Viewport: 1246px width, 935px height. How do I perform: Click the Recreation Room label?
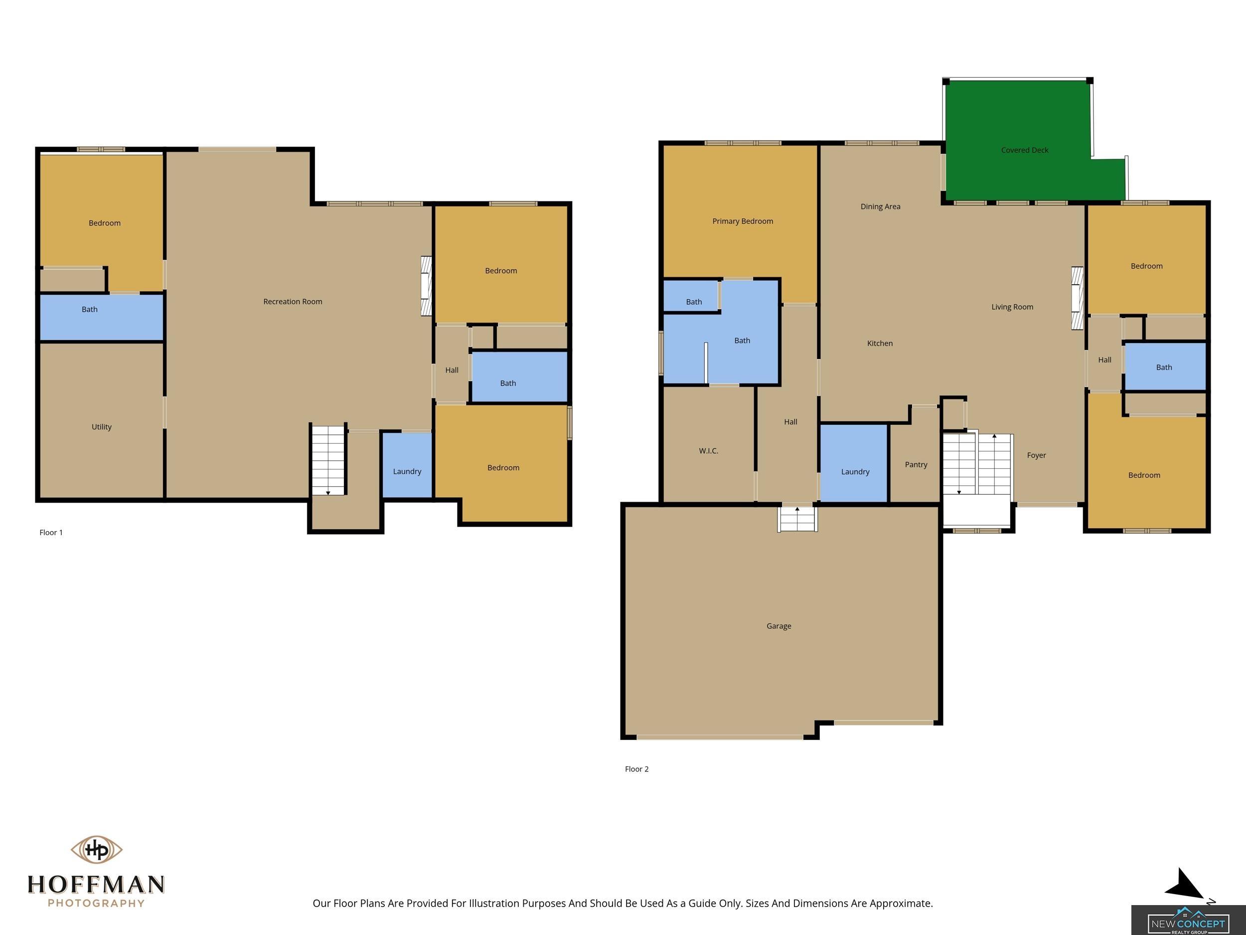tap(293, 302)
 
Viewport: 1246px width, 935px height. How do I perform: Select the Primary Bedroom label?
tap(743, 221)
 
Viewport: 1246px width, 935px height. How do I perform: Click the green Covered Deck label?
tap(1025, 150)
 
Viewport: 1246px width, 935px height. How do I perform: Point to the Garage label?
tap(779, 626)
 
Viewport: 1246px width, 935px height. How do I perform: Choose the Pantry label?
tap(916, 464)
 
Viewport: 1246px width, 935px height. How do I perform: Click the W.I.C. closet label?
tap(708, 450)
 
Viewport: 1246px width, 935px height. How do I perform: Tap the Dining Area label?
tap(881, 206)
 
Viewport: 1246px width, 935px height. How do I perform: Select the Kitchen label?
tap(880, 343)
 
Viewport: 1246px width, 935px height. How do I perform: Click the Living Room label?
tap(1012, 307)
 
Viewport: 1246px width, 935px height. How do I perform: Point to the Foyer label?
tap(1037, 455)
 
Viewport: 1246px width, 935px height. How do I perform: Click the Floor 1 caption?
tap(51, 532)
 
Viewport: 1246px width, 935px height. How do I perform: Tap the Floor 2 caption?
tap(636, 769)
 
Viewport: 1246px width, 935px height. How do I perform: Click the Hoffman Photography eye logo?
tap(96, 849)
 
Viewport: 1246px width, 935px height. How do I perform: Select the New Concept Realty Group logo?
tap(1189, 920)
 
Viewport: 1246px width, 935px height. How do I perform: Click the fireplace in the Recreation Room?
tap(427, 286)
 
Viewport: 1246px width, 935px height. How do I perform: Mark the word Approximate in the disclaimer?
tap(901, 903)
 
